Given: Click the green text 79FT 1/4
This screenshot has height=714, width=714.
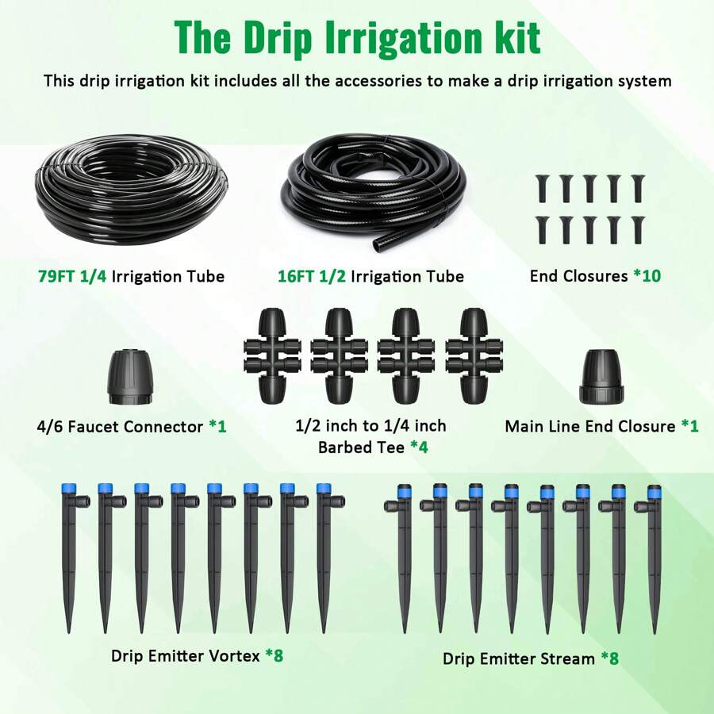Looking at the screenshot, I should point(72,276).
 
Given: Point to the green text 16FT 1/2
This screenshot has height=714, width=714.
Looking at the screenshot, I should point(312,276).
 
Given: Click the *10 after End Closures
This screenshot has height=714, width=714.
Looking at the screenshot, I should point(646,276).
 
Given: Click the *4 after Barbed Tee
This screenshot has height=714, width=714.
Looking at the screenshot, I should point(418,447).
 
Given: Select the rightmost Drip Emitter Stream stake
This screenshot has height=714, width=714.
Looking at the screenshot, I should point(654,555).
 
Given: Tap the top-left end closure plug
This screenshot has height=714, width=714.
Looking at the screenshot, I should point(541,187).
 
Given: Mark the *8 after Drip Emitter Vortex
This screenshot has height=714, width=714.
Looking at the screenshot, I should point(274,655).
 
